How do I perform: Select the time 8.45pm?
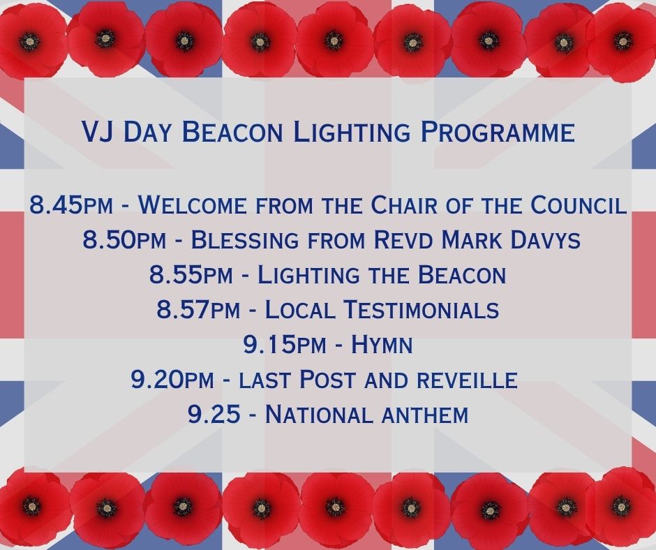(x=71, y=205)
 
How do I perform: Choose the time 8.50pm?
(x=124, y=240)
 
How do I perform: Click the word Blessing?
(x=245, y=240)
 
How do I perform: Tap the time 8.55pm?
(x=191, y=275)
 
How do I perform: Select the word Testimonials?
(x=422, y=310)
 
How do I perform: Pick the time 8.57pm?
(x=198, y=310)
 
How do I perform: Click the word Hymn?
(x=382, y=345)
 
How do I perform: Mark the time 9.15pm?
(x=284, y=345)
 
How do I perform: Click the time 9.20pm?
(x=172, y=380)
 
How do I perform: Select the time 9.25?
(x=214, y=415)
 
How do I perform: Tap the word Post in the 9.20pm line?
(x=329, y=380)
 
